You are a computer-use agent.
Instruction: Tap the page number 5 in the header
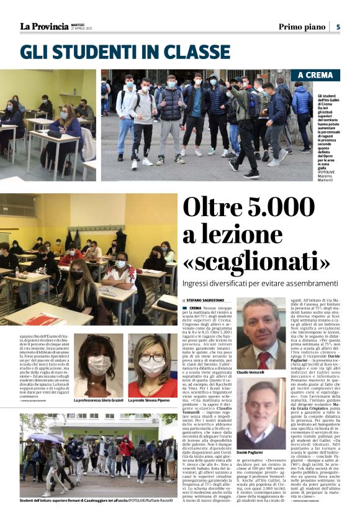pyautogui.click(x=338, y=27)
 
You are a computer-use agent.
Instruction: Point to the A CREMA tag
pyautogui.click(x=318, y=76)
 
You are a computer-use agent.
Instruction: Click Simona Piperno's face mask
pyautogui.click(x=152, y=368)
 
